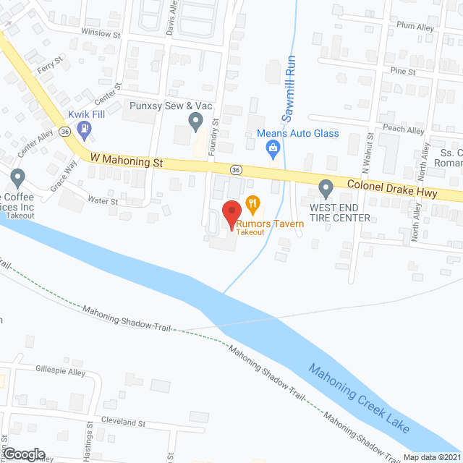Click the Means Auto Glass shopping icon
[273, 150]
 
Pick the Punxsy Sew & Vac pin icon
[195, 121]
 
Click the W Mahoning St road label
[126, 161]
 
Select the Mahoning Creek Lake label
[360, 399]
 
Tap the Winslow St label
[100, 33]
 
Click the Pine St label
[402, 72]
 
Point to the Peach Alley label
[406, 130]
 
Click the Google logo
[24, 453]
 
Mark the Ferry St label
[53, 65]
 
